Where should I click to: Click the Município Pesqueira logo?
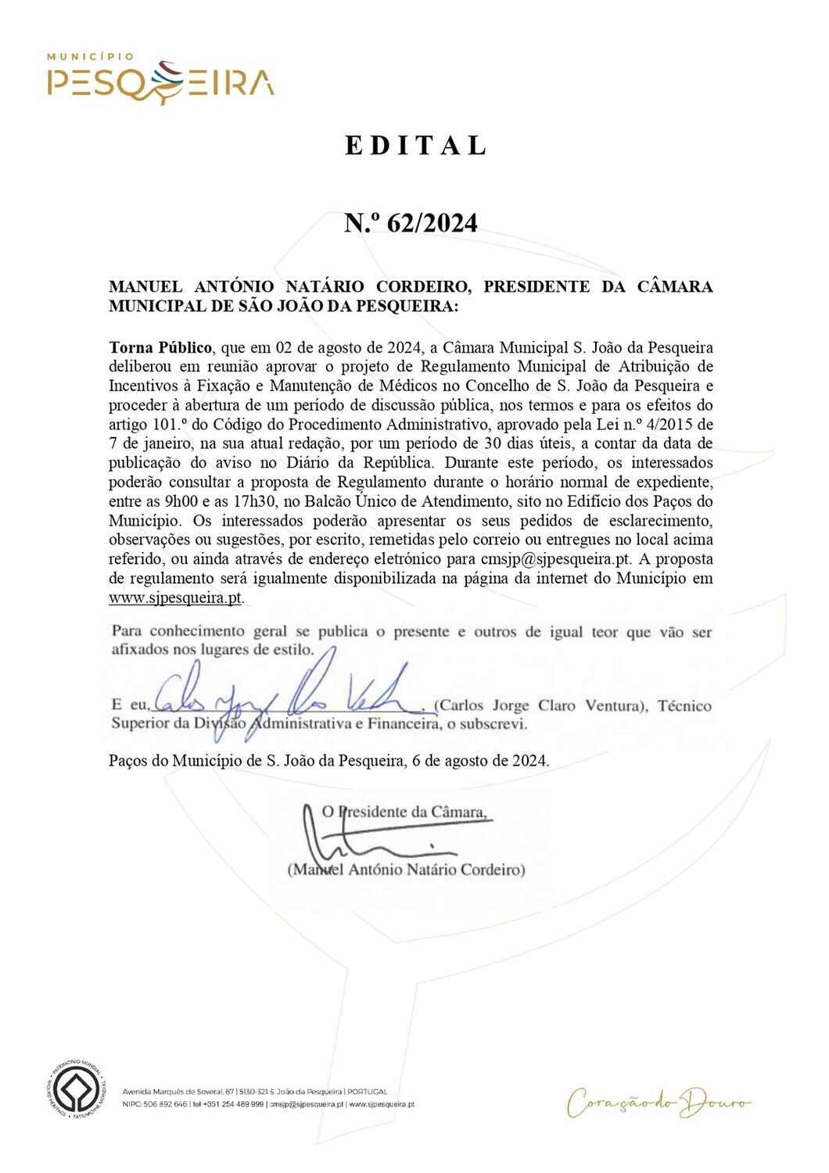pyautogui.click(x=160, y=78)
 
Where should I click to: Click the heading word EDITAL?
pyautogui.click(x=416, y=145)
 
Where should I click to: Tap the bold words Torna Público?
pyautogui.click(x=160, y=347)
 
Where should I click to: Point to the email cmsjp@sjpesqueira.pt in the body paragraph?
pyautogui.click(x=555, y=559)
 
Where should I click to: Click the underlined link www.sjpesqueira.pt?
pyautogui.click(x=175, y=598)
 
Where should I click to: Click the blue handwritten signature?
pyautogui.click(x=282, y=692)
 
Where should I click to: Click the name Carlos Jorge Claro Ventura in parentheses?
pyautogui.click(x=540, y=705)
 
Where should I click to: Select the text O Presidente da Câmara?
pyautogui.click(x=407, y=812)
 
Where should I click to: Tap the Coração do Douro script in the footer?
pyautogui.click(x=658, y=1103)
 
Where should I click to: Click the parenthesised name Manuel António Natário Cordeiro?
pyautogui.click(x=407, y=870)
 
